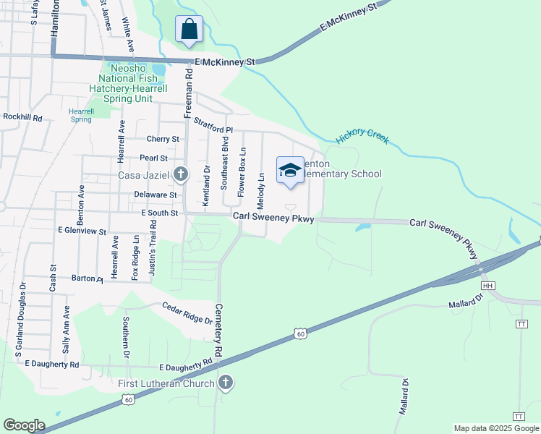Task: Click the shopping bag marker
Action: tap(189, 30)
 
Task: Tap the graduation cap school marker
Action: tap(290, 171)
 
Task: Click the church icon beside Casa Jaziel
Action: tap(181, 174)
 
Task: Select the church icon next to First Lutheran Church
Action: tap(226, 383)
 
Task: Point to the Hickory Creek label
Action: tap(362, 136)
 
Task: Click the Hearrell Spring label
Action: tap(81, 115)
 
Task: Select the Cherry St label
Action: tap(162, 139)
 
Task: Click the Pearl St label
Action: tap(153, 158)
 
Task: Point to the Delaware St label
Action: tap(156, 195)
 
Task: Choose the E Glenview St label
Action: tap(82, 231)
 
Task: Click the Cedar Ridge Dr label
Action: tap(187, 312)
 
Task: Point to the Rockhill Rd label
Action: tap(22, 116)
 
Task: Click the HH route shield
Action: tap(488, 286)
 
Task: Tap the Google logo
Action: tap(24, 425)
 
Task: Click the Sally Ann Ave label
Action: tap(67, 328)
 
